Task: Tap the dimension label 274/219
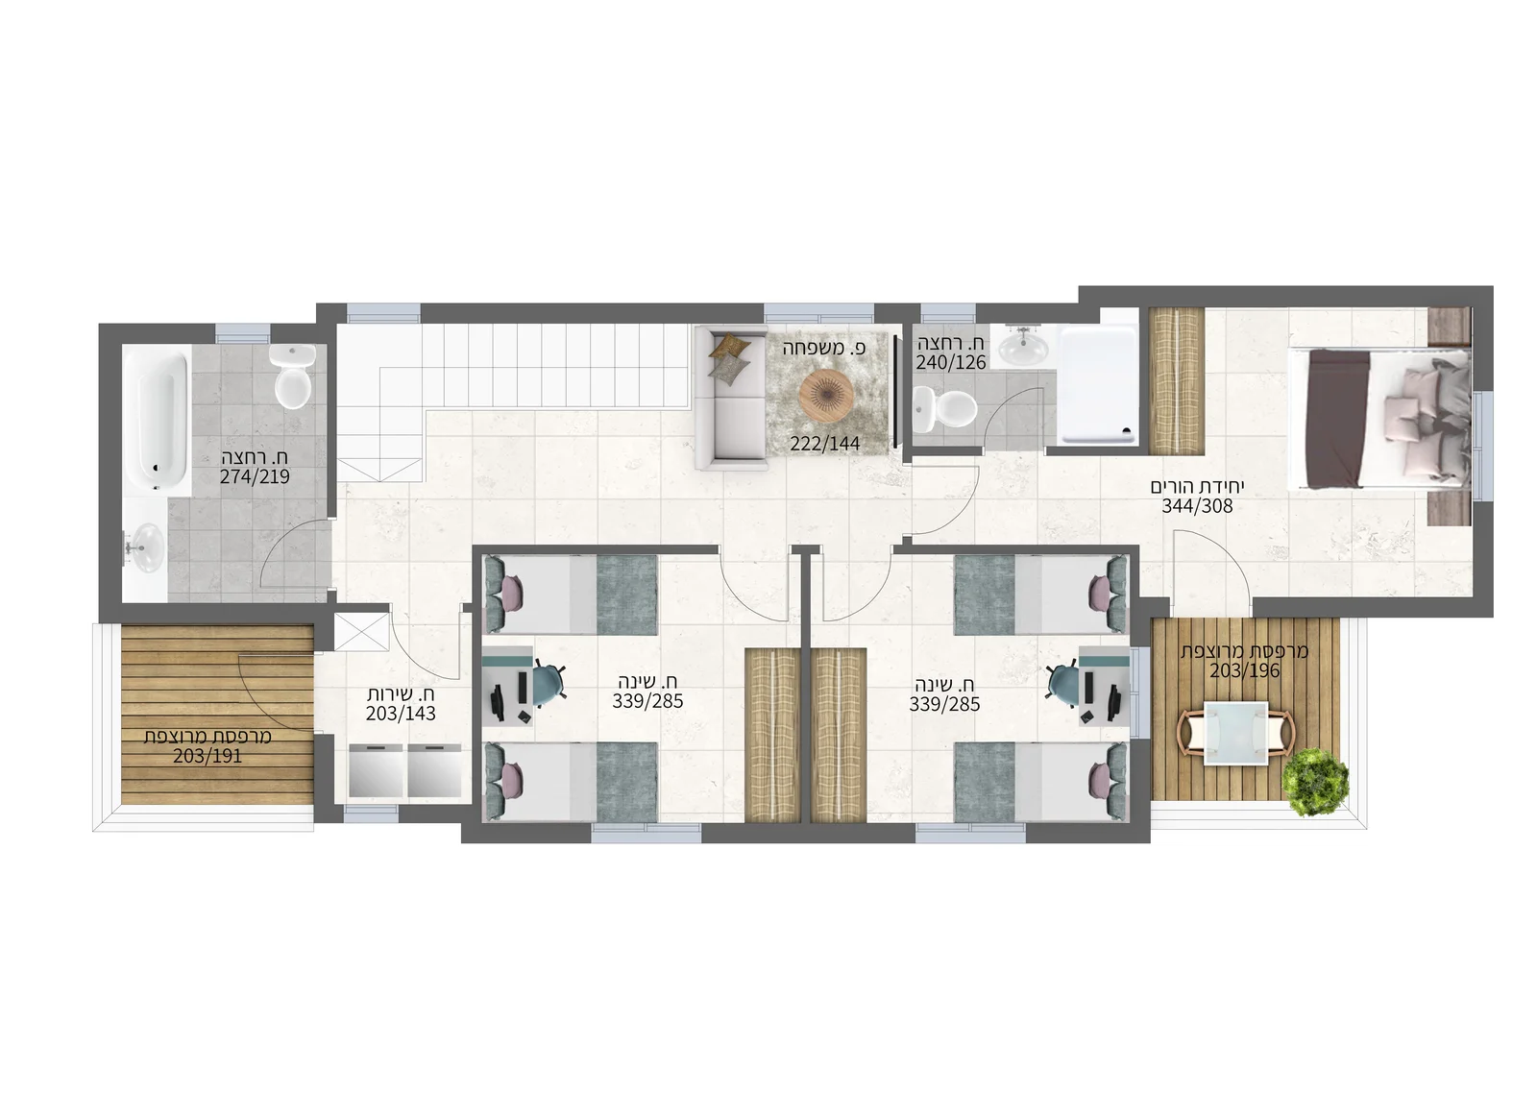[255, 476]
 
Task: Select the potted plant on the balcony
[1315, 782]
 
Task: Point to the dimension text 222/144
[825, 444]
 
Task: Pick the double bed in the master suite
[1379, 419]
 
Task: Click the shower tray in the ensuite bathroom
[1097, 385]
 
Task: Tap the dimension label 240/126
[951, 362]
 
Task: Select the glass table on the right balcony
[1235, 733]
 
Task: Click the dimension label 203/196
[1245, 670]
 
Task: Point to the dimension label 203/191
[207, 756]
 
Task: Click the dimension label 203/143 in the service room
[401, 714]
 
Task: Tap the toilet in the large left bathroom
[293, 376]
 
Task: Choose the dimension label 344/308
[1197, 506]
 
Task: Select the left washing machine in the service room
[376, 770]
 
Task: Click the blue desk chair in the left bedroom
[547, 684]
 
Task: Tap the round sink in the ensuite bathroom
[1023, 346]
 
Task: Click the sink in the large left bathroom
[145, 547]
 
